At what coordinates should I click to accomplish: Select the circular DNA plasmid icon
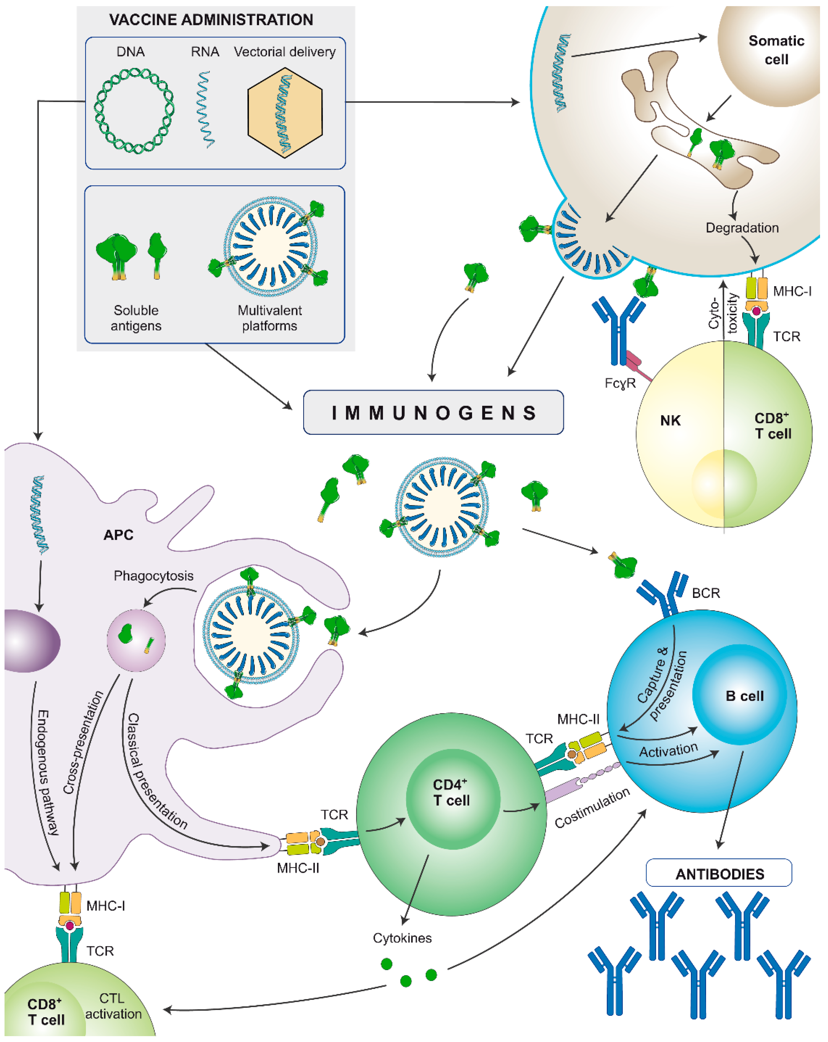click(134, 111)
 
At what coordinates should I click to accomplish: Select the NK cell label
click(670, 420)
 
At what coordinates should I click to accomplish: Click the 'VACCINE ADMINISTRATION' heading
click(211, 20)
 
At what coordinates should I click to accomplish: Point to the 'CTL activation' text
click(113, 1006)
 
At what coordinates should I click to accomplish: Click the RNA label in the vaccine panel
click(205, 52)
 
